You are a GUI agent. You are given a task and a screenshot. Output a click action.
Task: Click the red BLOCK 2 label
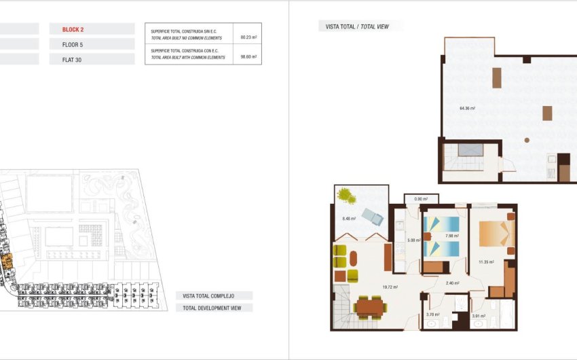click(x=73, y=29)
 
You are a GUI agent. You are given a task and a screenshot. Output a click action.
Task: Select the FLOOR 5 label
click(x=73, y=44)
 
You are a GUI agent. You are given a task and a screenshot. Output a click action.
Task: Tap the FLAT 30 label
click(x=71, y=59)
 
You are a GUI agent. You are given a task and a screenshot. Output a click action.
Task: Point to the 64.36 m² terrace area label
click(x=467, y=108)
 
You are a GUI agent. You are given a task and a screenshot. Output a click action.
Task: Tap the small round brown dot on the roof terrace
click(x=526, y=140)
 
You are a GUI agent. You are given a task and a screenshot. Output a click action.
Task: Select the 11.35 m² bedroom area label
click(x=486, y=261)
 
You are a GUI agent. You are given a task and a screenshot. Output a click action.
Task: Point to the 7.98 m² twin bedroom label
click(x=451, y=236)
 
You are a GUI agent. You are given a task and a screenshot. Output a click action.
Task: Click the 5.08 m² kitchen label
click(x=414, y=239)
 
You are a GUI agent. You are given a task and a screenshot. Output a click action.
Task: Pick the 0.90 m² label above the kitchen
click(x=421, y=199)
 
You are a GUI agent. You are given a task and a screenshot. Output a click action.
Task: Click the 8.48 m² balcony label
click(x=350, y=218)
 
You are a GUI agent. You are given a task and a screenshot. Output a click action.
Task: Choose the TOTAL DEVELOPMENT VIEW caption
click(x=214, y=308)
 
